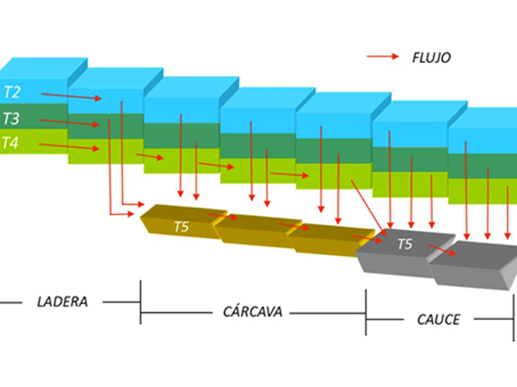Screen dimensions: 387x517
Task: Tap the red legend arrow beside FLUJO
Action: (x=383, y=57)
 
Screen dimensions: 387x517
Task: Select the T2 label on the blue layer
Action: (x=13, y=91)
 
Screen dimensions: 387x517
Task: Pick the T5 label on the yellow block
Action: (x=183, y=227)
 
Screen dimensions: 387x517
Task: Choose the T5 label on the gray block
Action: (x=406, y=244)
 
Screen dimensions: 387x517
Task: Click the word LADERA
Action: (x=62, y=302)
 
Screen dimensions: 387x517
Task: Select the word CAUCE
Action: (x=438, y=320)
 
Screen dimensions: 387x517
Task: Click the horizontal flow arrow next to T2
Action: (x=72, y=96)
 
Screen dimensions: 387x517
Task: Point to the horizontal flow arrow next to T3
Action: (x=69, y=123)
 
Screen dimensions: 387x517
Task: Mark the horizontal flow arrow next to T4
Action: (x=69, y=147)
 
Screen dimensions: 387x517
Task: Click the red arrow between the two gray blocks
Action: (x=442, y=251)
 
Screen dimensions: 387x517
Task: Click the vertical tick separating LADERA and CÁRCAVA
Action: (x=141, y=302)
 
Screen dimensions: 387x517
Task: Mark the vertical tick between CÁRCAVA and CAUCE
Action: (x=366, y=311)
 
